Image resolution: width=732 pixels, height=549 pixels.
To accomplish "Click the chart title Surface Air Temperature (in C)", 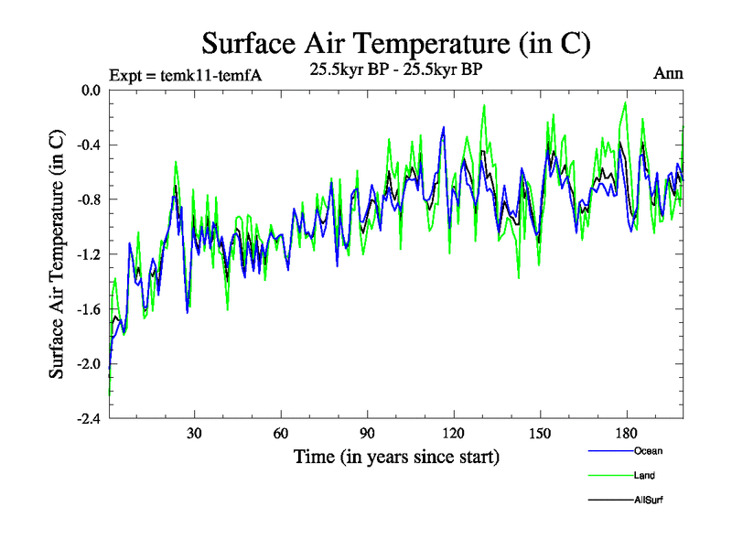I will point(396,43).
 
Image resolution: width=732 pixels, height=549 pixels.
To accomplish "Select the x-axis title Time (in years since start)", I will point(396,456).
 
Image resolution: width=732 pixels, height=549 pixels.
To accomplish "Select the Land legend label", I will point(644,475).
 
